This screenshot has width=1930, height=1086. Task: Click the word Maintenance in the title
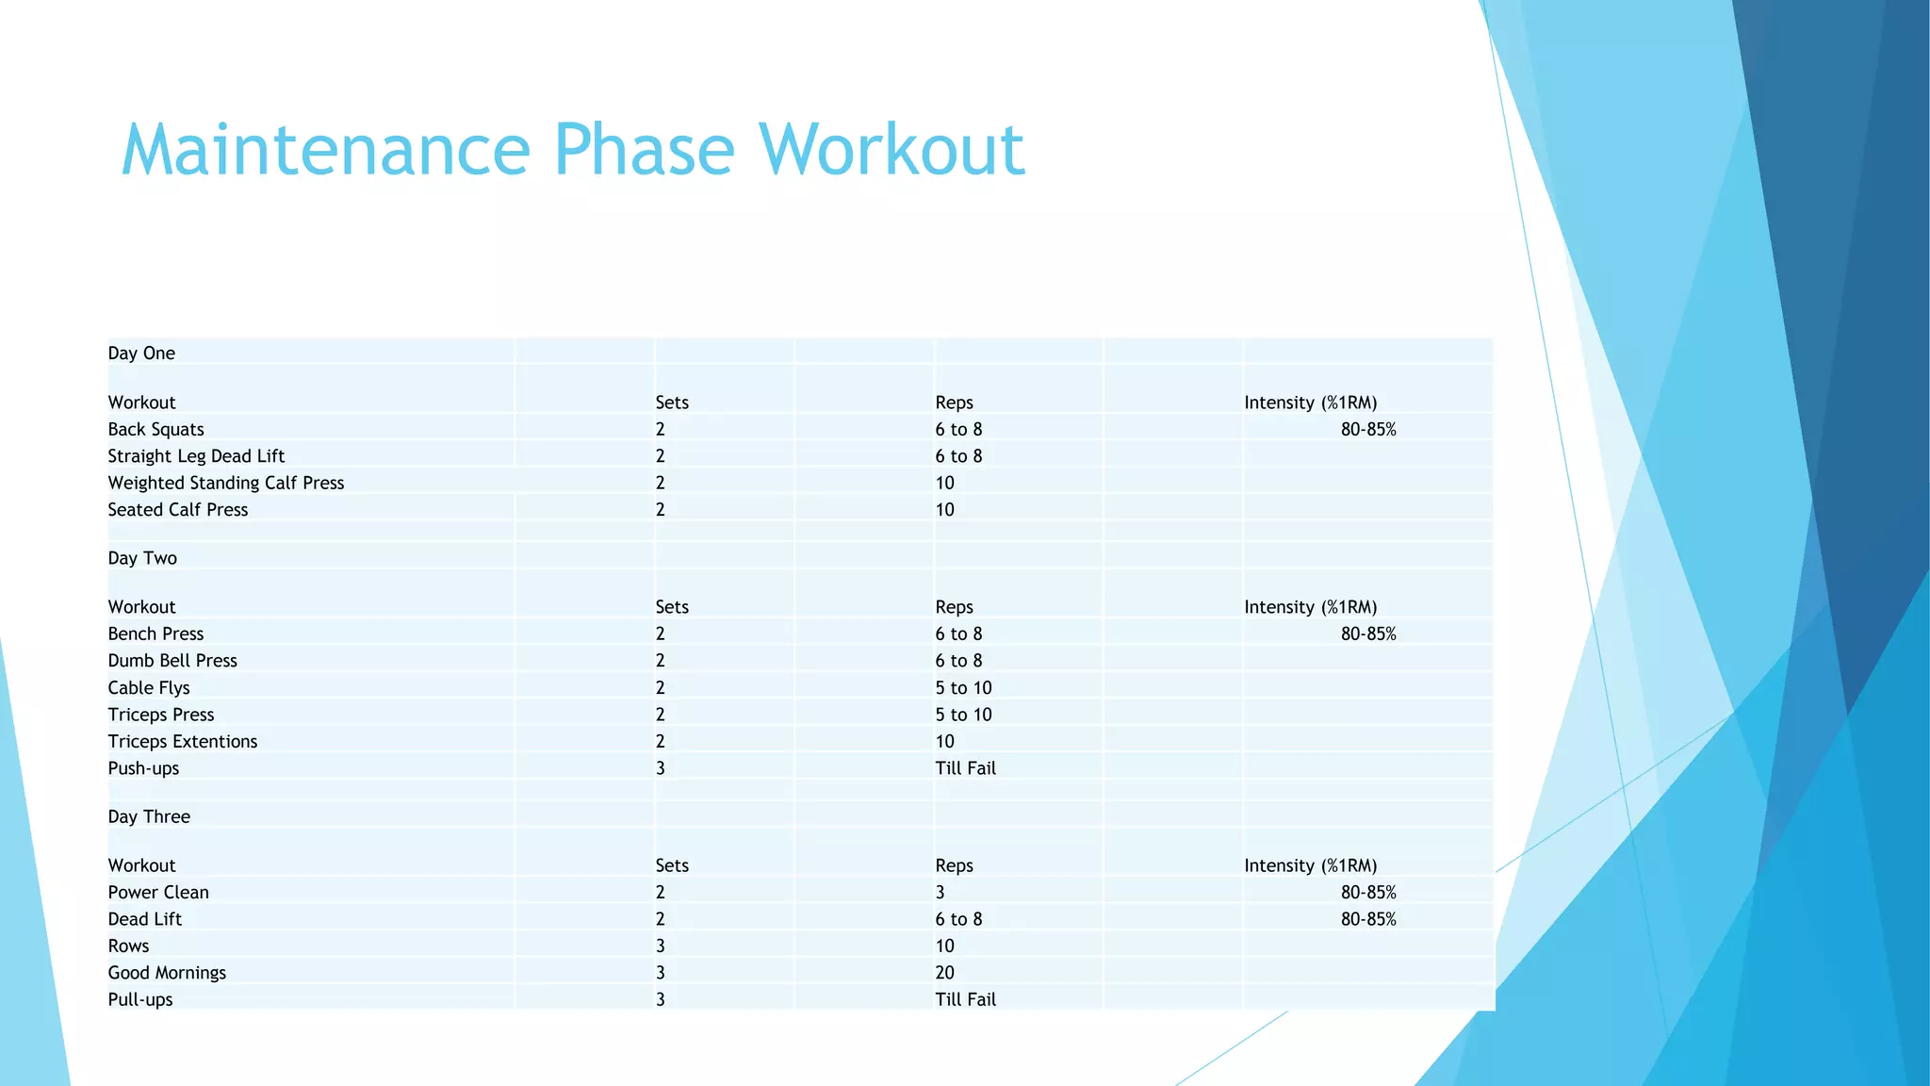click(x=326, y=150)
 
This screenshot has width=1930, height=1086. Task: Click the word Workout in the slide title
click(x=891, y=150)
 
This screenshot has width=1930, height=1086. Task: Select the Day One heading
click(x=141, y=354)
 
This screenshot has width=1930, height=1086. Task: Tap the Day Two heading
click(x=142, y=558)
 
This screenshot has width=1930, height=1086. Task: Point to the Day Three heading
click(x=149, y=816)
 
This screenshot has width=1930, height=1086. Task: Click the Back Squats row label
click(x=155, y=430)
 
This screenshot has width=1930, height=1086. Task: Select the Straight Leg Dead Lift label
click(x=196, y=456)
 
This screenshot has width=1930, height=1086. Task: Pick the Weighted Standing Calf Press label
click(x=226, y=483)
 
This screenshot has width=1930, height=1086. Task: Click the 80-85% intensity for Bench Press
click(x=1368, y=634)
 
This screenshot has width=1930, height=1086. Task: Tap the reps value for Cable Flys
click(x=963, y=688)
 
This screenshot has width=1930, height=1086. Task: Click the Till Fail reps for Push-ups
click(x=965, y=768)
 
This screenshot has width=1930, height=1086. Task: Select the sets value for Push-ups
click(x=661, y=768)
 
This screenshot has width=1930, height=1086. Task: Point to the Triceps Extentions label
click(x=183, y=742)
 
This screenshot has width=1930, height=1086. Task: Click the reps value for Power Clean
click(x=940, y=893)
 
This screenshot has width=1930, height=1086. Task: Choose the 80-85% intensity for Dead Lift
click(x=1368, y=919)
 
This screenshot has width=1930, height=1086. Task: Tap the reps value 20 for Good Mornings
click(x=944, y=973)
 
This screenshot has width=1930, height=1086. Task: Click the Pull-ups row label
click(x=140, y=999)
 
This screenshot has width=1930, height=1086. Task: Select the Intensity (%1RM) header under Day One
click(x=1310, y=403)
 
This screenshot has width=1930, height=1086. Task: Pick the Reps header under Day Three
click(x=954, y=865)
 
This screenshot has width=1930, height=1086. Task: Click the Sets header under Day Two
click(x=672, y=607)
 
